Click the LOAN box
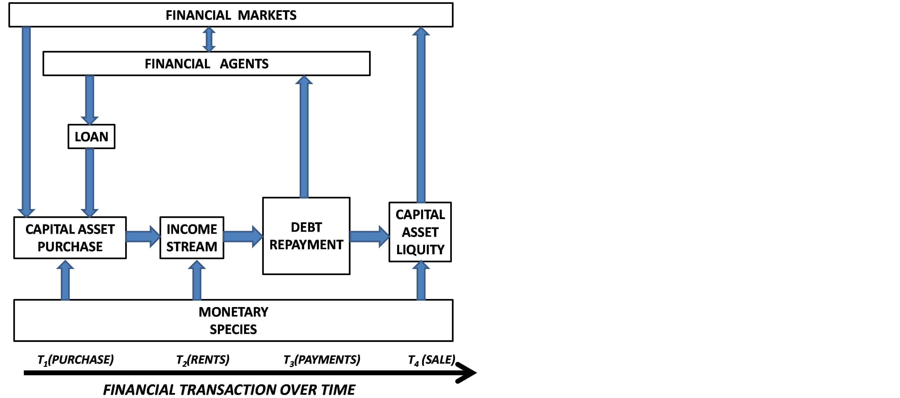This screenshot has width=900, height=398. point(91,137)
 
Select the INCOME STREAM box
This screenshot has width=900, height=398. point(191,238)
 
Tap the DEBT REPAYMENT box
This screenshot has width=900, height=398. point(306,236)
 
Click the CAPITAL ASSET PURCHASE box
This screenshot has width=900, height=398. point(70,238)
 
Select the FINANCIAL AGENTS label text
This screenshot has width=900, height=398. point(206,64)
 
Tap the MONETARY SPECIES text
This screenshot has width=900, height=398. point(233,320)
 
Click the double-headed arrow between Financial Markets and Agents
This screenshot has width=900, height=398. point(209,39)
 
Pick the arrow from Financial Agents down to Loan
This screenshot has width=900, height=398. point(90,99)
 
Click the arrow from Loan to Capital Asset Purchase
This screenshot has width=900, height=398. point(90,182)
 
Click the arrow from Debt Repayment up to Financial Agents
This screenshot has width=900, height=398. point(304,136)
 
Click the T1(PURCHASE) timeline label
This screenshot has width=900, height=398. point(76,360)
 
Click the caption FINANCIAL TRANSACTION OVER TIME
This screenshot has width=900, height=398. point(229,390)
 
